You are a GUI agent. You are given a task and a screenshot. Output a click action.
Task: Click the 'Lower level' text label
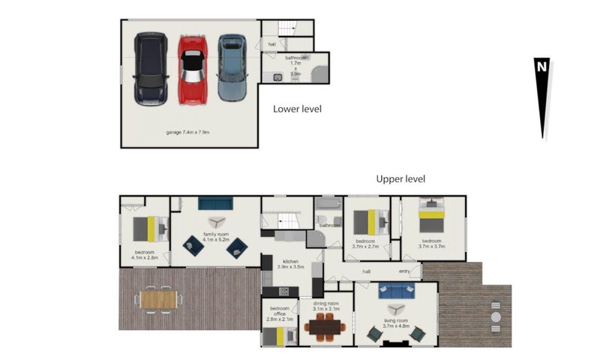(297, 109)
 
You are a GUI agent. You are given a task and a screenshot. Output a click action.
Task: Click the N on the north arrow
(541, 66)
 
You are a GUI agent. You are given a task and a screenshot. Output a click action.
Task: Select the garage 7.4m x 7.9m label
(187, 132)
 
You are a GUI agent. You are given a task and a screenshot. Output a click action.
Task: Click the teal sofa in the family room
(216, 203)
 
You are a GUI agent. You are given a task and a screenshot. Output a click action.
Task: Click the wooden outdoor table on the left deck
(158, 299)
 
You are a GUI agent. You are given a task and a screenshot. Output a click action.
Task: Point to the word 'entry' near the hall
(404, 271)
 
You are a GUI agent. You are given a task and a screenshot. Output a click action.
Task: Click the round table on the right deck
(496, 317)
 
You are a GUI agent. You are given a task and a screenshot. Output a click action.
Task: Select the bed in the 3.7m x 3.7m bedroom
(433, 217)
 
